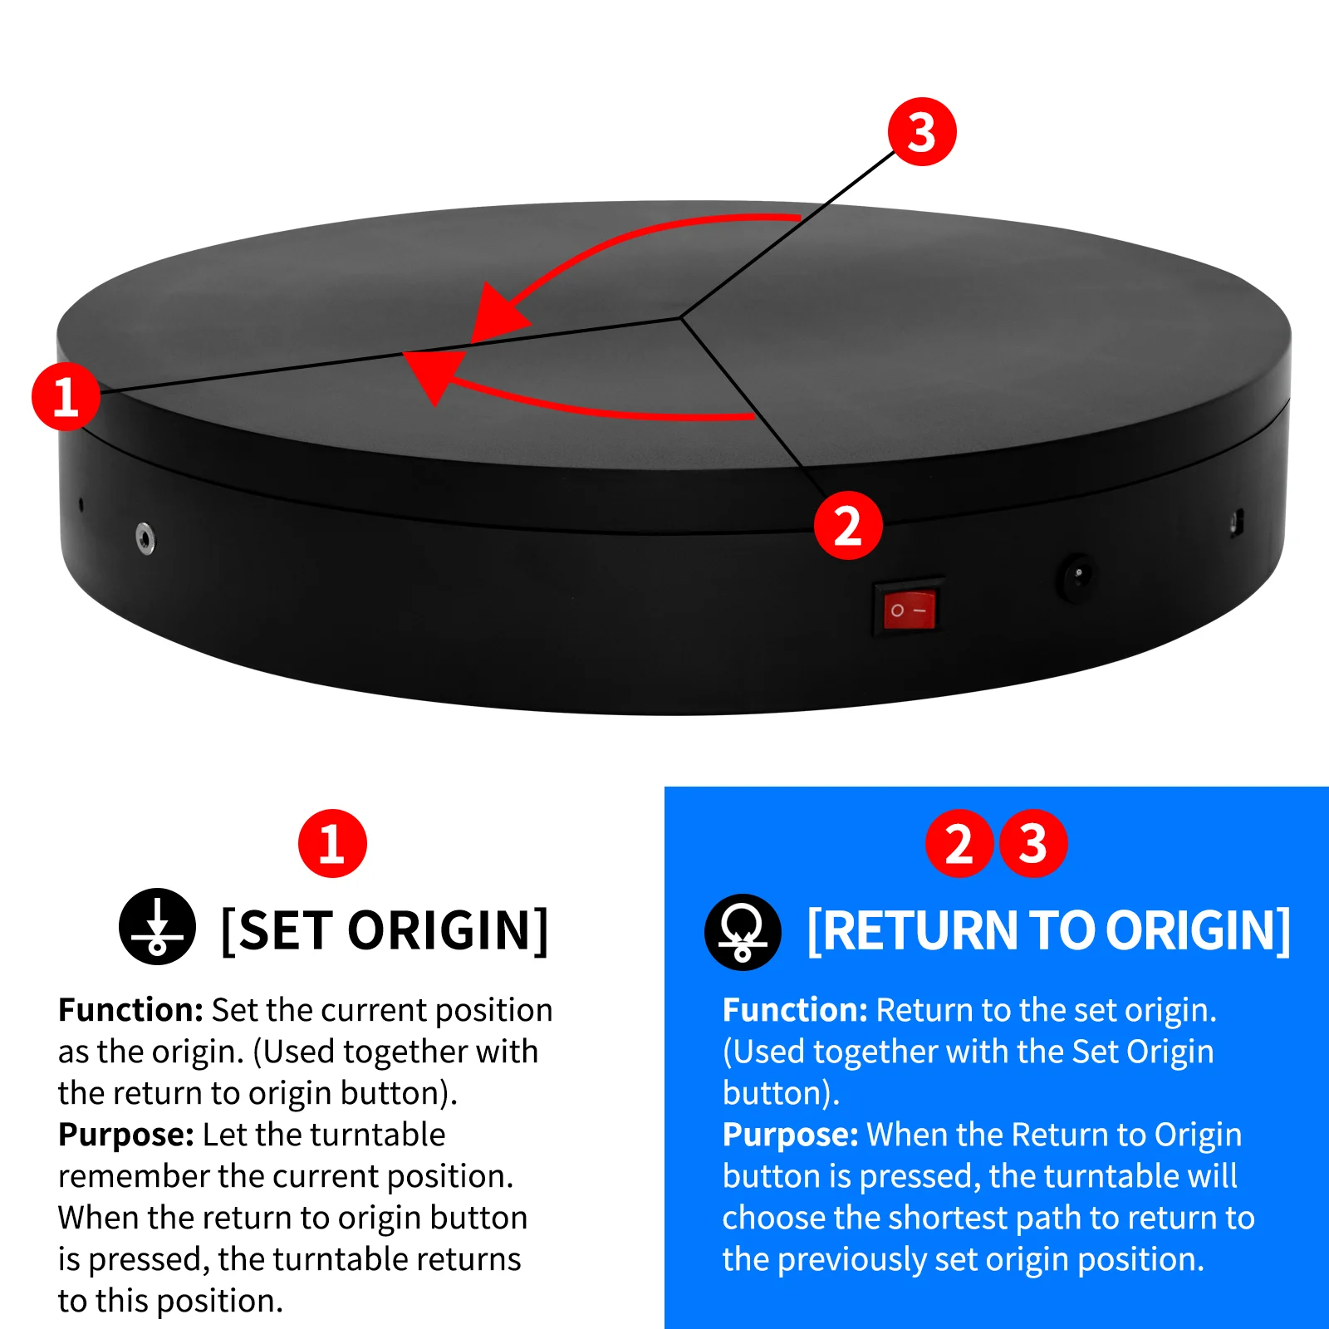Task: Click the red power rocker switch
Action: [909, 611]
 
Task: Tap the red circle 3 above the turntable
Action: [922, 132]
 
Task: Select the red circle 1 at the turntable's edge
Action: [66, 396]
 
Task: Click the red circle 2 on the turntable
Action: [848, 525]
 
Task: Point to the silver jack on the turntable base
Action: [145, 538]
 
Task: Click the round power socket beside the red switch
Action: [1076, 576]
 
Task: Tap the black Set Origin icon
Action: [157, 926]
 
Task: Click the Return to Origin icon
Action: [743, 932]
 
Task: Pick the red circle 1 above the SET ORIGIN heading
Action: [332, 844]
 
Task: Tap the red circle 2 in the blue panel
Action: [959, 844]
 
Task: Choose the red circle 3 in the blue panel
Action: [1033, 844]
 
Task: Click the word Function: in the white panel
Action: [130, 1010]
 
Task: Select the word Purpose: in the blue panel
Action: [790, 1135]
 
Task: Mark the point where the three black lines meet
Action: [680, 317]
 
